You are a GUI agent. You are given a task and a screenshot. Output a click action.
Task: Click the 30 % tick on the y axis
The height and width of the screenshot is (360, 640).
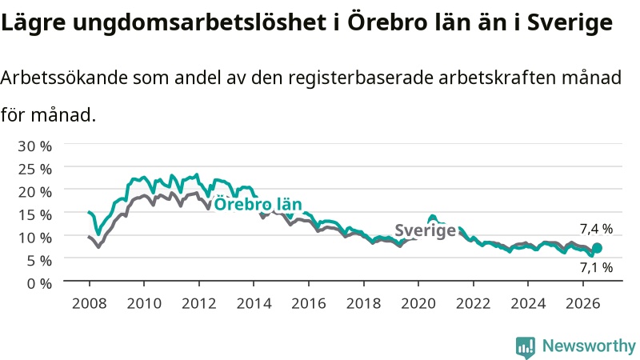(x=34, y=146)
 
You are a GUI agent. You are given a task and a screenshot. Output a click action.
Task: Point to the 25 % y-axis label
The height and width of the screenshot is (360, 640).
(x=34, y=169)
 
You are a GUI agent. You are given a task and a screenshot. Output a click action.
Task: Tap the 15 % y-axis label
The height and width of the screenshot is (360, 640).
(x=34, y=214)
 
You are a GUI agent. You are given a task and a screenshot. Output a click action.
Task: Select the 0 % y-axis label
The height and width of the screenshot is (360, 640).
(x=39, y=283)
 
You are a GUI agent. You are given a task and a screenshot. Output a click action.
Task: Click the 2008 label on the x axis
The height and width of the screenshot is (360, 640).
(x=89, y=303)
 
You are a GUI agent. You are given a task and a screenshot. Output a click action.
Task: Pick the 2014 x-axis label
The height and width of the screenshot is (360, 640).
(x=254, y=303)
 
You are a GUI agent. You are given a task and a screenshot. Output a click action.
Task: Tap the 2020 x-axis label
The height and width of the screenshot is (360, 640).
(x=418, y=303)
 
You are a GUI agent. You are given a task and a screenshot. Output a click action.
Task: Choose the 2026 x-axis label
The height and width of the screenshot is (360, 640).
(x=583, y=303)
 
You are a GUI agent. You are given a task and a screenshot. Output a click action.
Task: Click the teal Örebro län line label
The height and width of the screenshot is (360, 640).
(x=258, y=204)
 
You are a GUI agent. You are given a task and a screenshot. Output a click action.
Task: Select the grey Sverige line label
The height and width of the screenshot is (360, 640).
(x=426, y=230)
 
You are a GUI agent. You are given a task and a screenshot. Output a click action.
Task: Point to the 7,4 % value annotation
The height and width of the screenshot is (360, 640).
(x=596, y=229)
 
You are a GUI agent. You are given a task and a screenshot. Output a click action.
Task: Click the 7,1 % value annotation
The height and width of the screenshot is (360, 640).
(x=596, y=267)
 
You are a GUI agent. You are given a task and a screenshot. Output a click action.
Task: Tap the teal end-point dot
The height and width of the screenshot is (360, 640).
(x=597, y=248)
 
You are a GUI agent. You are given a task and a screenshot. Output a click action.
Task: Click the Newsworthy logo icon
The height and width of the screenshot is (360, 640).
(x=526, y=346)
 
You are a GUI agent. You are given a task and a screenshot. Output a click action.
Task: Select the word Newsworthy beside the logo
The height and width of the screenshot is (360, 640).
(x=589, y=346)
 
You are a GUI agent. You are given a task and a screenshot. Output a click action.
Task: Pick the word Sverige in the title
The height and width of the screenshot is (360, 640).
(x=570, y=22)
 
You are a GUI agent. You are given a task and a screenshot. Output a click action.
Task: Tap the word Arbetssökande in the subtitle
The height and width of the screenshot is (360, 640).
(x=64, y=77)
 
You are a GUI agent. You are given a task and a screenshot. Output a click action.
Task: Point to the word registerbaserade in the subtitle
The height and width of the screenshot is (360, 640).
(x=361, y=78)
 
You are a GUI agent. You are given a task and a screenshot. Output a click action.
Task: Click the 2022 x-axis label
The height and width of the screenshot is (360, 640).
(x=473, y=303)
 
